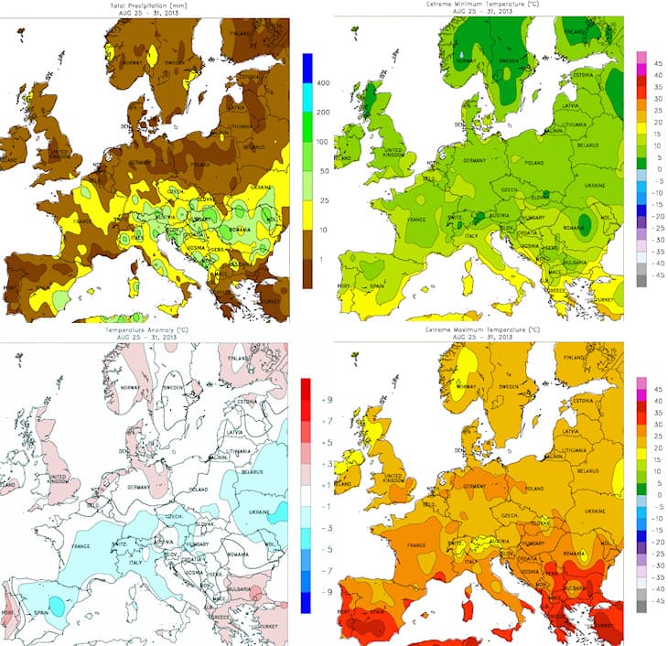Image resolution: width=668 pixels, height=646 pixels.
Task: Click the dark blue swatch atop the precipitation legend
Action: click(308, 69)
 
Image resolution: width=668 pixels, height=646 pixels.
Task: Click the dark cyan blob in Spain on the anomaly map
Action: click(57, 605)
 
